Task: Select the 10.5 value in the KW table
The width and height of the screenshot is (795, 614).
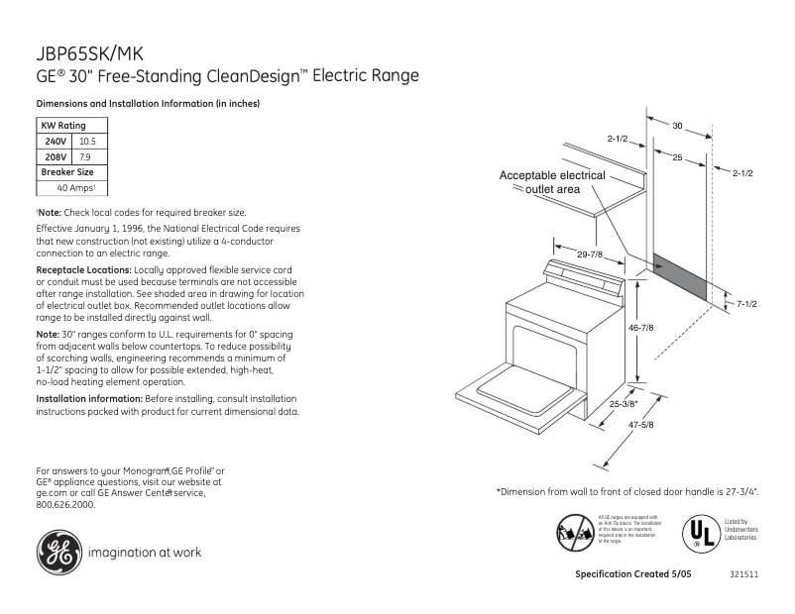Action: pos(87,142)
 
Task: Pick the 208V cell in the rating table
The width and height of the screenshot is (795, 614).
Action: pos(56,156)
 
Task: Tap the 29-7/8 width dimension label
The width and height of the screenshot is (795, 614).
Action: pos(592,255)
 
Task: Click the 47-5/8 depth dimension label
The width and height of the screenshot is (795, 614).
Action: pos(641,424)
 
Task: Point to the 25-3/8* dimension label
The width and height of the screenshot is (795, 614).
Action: pos(625,403)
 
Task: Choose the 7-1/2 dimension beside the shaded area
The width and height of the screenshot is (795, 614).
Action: pos(744,303)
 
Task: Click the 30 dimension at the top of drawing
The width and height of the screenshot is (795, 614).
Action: pos(678,126)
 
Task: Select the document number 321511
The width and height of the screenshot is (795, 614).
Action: pos(743,575)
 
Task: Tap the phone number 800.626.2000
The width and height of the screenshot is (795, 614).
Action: pos(65,504)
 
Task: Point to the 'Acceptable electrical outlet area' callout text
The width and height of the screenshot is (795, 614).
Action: pos(551,181)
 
